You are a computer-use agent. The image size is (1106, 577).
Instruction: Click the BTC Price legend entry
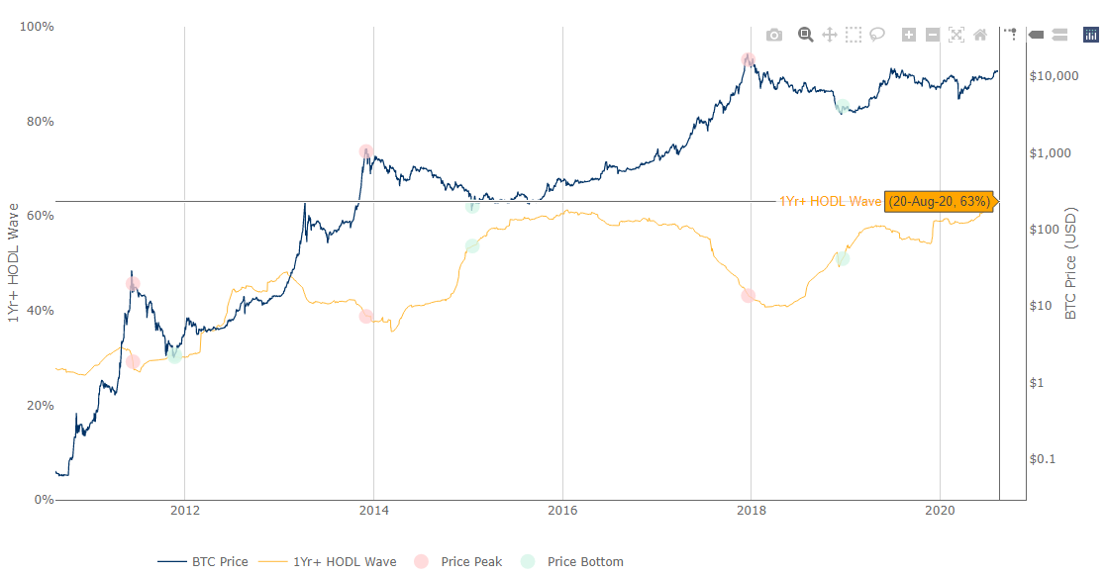click(x=203, y=561)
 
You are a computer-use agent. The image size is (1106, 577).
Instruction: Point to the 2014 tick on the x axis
click(x=373, y=511)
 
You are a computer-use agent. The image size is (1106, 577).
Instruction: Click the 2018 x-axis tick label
click(x=751, y=511)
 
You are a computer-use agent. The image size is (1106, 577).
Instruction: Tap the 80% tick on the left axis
click(x=38, y=122)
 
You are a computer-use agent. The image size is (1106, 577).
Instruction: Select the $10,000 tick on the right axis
click(x=1054, y=76)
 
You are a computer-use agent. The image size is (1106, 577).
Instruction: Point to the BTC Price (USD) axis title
click(x=1070, y=263)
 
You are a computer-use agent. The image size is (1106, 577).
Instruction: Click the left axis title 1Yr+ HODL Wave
click(x=13, y=263)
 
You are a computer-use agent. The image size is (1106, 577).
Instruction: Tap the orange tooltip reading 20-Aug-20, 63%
click(x=939, y=201)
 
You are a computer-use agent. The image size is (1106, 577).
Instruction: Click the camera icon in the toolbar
click(x=774, y=35)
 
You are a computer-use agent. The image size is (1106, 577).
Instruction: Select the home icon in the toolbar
click(x=980, y=35)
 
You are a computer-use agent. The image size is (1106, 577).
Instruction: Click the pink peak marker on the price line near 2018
click(x=749, y=60)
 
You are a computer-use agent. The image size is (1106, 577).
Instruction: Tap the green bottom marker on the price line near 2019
click(x=843, y=107)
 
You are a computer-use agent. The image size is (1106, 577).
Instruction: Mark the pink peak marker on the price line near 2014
click(x=366, y=151)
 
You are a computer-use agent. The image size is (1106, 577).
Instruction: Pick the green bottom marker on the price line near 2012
click(x=174, y=353)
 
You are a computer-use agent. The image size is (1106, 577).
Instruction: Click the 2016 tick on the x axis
click(x=562, y=511)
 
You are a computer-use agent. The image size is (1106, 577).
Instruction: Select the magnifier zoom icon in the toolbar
click(x=806, y=35)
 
